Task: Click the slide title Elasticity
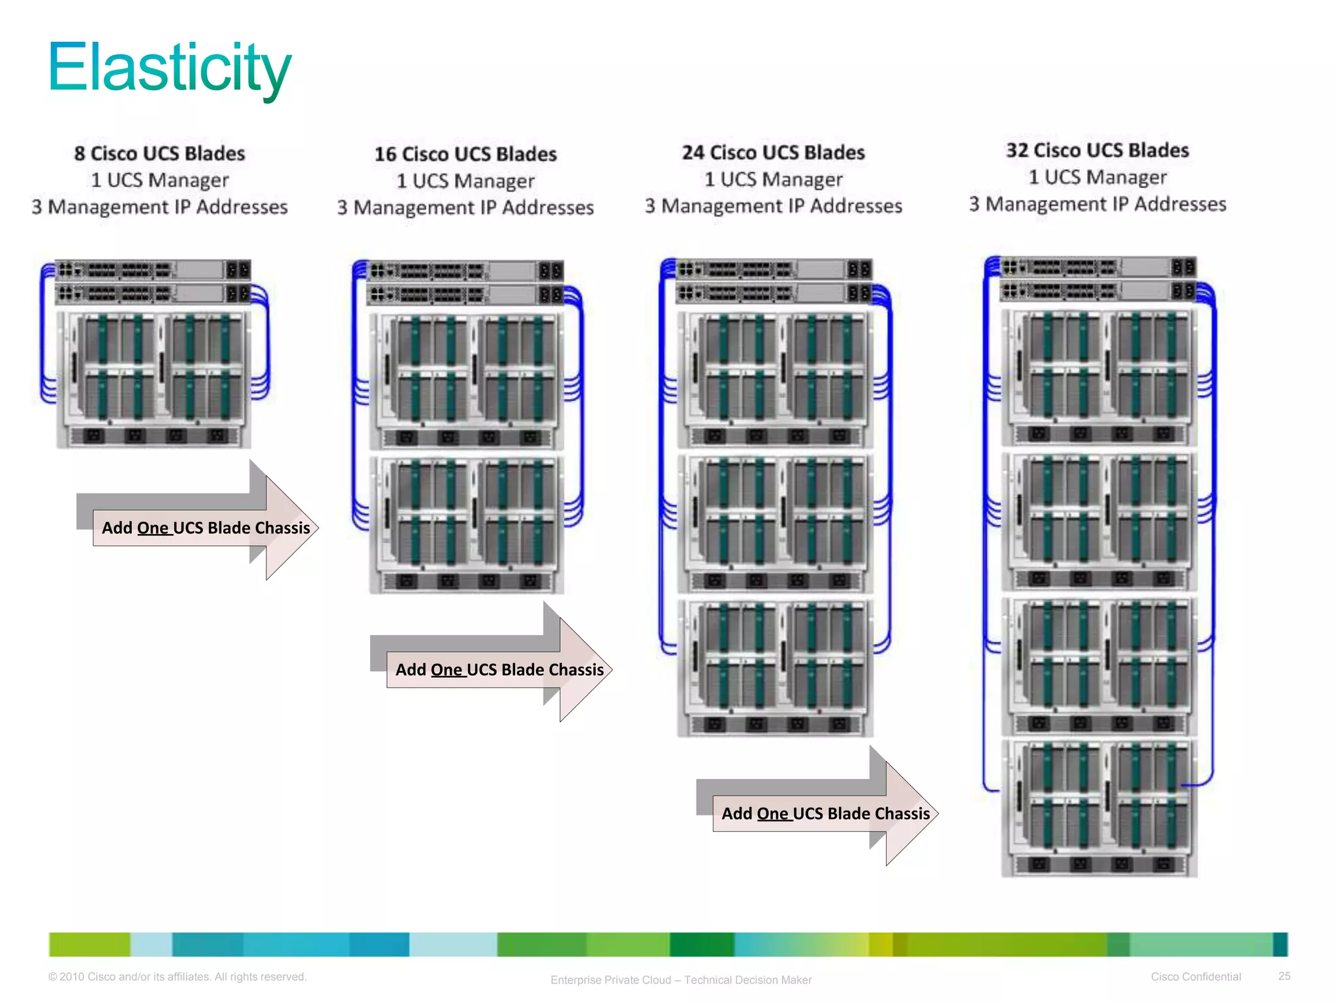click(x=169, y=68)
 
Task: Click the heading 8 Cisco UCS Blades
click(x=159, y=153)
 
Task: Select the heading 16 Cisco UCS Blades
click(x=465, y=154)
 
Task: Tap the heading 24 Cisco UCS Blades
click(x=774, y=153)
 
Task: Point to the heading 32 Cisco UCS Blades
click(x=1097, y=150)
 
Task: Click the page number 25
click(x=1284, y=976)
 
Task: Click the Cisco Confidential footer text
click(x=1195, y=976)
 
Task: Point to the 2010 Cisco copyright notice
click(x=177, y=976)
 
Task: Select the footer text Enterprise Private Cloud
click(x=681, y=979)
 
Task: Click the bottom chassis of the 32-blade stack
click(x=1099, y=807)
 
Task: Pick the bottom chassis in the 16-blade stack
click(x=466, y=524)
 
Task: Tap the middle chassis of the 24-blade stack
click(x=775, y=523)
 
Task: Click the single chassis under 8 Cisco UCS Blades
click(x=154, y=379)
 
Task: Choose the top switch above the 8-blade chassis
click(x=153, y=270)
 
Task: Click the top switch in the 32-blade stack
click(x=1098, y=267)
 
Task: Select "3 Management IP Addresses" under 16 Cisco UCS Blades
click(x=465, y=208)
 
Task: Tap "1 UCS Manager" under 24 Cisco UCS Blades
click(x=774, y=180)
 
